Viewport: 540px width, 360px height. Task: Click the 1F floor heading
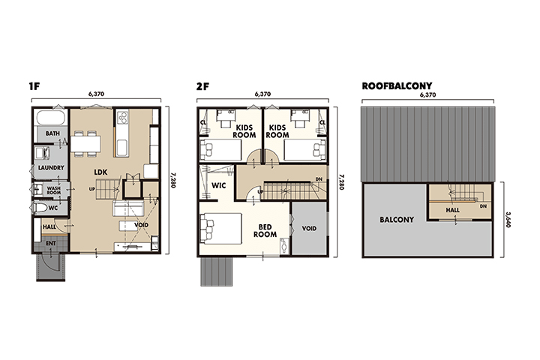coord(34,86)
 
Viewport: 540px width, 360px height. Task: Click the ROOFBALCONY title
coord(397,85)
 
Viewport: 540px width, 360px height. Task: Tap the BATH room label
coord(52,133)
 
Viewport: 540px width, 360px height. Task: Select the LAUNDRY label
coord(51,168)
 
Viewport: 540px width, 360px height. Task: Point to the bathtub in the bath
coord(51,118)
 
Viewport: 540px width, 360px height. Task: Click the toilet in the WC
coord(40,208)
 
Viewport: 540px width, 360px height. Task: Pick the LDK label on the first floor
coord(100,172)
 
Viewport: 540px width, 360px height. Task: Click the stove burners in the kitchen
coord(122,117)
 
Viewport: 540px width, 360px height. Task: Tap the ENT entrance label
coord(51,244)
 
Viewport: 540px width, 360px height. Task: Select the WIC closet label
coord(219,186)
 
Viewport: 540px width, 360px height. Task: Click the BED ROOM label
coord(265,231)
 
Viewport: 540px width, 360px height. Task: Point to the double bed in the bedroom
coord(221,229)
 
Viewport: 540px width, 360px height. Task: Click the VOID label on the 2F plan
coord(309,229)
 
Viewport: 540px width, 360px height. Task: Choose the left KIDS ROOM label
coord(244,131)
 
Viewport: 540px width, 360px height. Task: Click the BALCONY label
coord(397,220)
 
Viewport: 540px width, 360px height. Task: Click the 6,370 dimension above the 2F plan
coord(262,94)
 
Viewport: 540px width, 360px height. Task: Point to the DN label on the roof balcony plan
coord(483,206)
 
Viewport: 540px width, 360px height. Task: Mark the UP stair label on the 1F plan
coord(92,189)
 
